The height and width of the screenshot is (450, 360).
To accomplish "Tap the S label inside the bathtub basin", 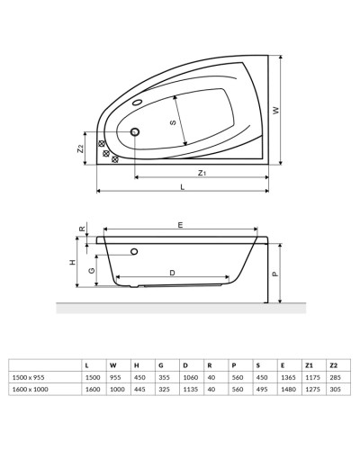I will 171,124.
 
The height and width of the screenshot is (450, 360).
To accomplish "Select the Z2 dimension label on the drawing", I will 81,149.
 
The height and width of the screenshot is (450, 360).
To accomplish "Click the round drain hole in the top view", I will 136,134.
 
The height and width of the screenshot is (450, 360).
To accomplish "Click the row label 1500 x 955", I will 29,377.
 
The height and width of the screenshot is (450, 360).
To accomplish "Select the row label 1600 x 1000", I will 30,390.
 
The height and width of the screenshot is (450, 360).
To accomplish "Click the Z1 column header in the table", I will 309,364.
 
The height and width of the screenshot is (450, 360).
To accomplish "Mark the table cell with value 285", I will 334,377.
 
